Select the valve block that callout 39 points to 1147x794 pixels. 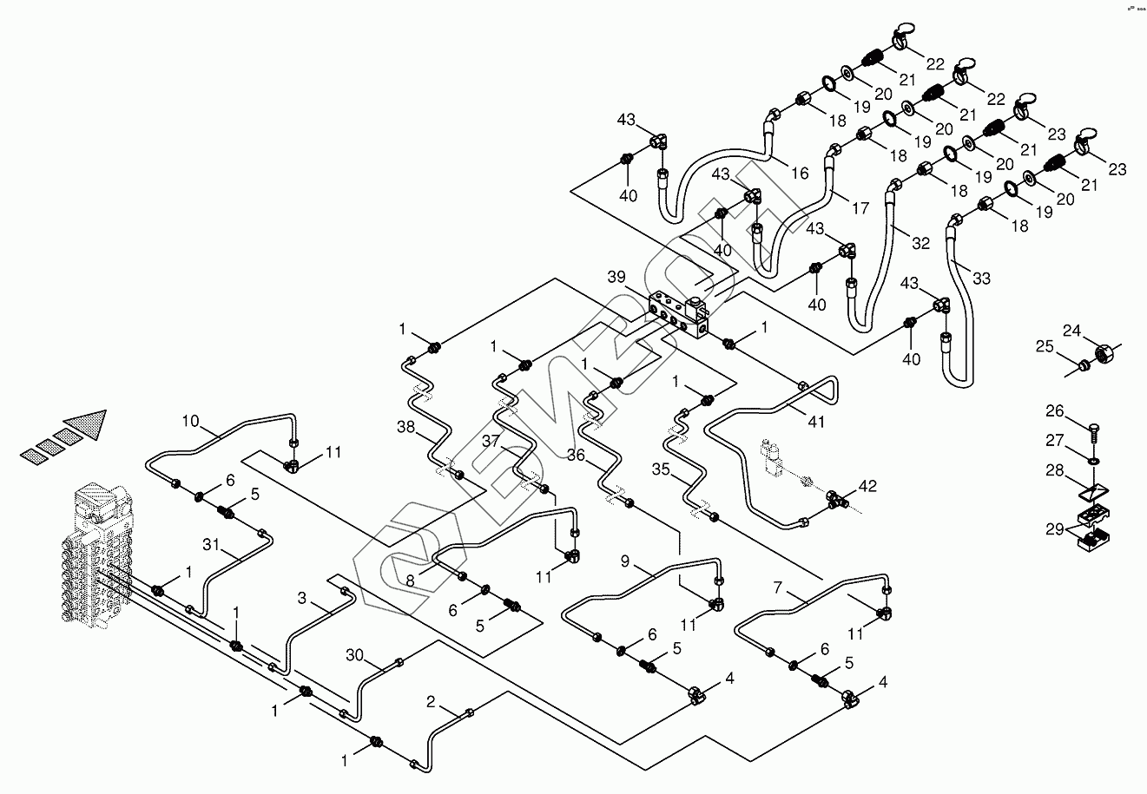[x=682, y=313]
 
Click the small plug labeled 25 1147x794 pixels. [x=1083, y=367]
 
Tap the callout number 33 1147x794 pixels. [x=980, y=278]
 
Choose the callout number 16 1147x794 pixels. [x=800, y=174]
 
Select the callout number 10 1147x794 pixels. [x=190, y=423]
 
